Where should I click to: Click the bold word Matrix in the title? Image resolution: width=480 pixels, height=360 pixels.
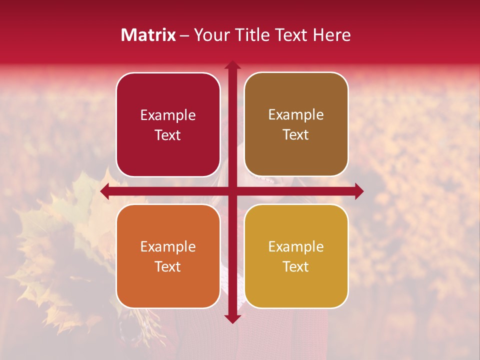click(x=148, y=35)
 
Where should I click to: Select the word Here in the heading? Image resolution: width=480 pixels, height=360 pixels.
click(x=331, y=35)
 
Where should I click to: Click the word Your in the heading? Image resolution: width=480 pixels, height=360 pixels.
click(x=209, y=35)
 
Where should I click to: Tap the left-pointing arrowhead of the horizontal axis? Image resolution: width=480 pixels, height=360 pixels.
click(x=105, y=191)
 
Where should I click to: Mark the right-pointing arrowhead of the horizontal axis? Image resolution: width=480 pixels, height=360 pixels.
click(x=359, y=191)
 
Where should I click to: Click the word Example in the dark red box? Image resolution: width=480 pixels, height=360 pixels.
click(x=168, y=115)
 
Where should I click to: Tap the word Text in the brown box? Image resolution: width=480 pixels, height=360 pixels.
click(x=296, y=135)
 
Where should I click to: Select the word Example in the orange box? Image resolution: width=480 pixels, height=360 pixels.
click(x=168, y=247)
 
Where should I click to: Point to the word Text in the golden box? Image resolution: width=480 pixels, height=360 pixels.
click(x=296, y=266)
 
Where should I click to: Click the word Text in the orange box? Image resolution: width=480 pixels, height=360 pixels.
click(x=168, y=266)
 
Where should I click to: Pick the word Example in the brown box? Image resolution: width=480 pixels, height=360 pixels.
click(x=296, y=115)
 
